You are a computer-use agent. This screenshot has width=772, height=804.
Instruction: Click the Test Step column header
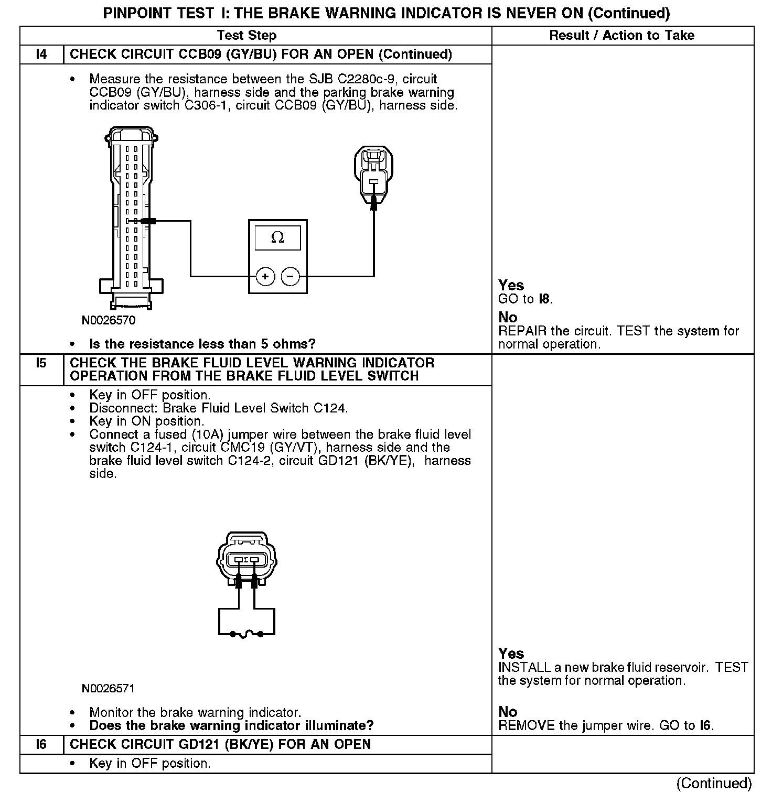click(x=246, y=36)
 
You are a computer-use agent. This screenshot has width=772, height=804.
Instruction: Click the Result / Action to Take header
click(x=621, y=36)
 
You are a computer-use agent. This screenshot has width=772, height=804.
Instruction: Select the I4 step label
click(x=41, y=55)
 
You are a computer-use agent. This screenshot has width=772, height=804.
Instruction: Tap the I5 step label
click(x=41, y=363)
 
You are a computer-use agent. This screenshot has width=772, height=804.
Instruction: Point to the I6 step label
click(x=41, y=744)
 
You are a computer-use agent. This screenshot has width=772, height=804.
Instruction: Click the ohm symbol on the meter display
click(x=277, y=238)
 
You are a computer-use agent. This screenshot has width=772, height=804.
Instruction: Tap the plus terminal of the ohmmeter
click(x=265, y=276)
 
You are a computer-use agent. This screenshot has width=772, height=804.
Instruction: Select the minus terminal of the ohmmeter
click(x=291, y=276)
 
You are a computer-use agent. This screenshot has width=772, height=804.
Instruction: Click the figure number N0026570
click(x=109, y=320)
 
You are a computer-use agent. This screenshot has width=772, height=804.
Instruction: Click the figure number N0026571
click(x=109, y=688)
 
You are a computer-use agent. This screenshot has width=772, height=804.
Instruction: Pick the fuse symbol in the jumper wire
click(x=246, y=634)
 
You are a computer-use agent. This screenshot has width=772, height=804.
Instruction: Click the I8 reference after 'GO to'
click(x=545, y=299)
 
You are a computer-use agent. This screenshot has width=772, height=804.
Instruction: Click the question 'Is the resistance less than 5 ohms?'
click(x=202, y=344)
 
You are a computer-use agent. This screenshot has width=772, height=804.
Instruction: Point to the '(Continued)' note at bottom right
click(x=714, y=783)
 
